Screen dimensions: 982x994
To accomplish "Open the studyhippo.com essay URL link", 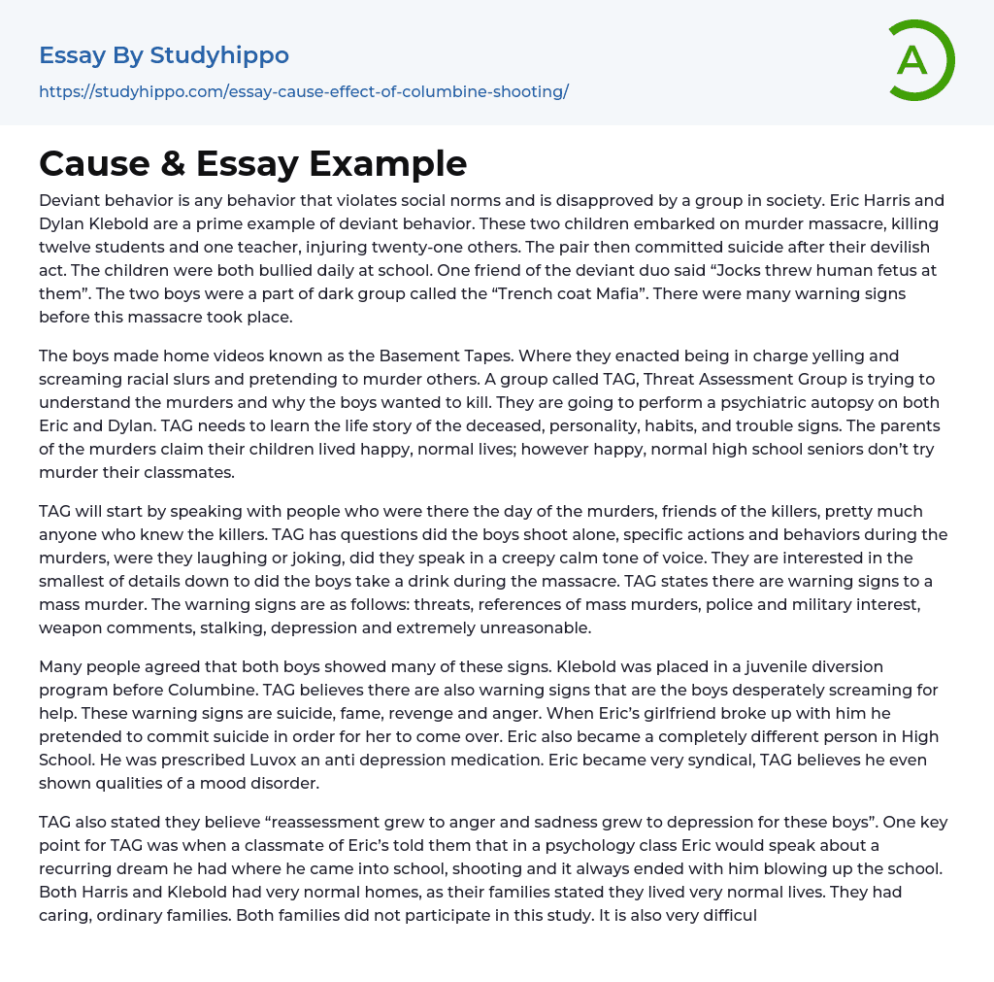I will click(x=303, y=91).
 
